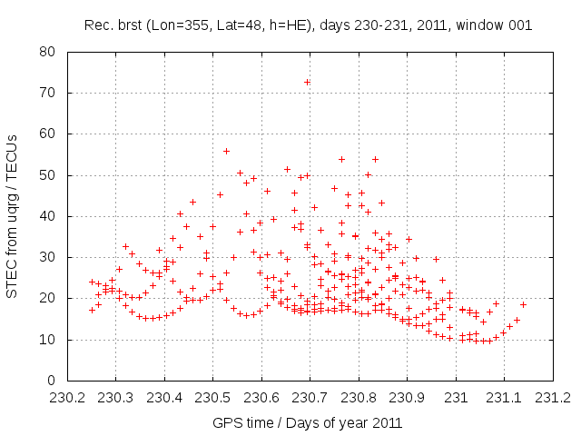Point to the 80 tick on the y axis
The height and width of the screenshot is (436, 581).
45,52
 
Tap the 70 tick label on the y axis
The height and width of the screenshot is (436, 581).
45,93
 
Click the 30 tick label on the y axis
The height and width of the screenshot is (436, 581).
45,257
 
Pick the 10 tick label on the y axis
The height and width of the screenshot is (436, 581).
45,340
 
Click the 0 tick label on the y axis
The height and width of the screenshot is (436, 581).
49,381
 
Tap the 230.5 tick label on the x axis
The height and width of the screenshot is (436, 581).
212,398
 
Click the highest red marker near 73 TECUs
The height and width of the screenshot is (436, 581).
307,82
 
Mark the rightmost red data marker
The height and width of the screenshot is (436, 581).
523,304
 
